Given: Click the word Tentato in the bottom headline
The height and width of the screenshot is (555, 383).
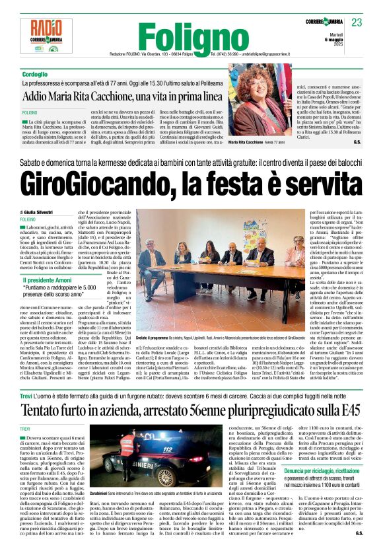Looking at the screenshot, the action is (x=50, y=391).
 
